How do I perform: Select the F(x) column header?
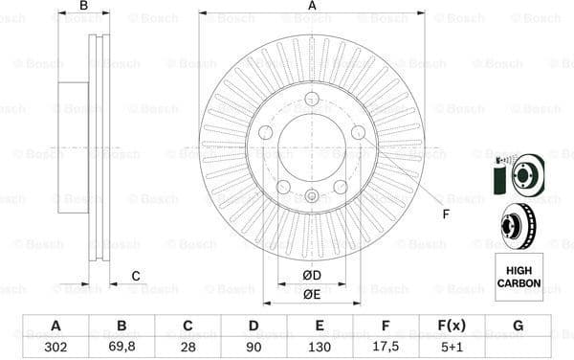[x=452, y=326]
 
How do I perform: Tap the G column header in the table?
[x=518, y=326]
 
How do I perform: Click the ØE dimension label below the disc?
[x=312, y=295]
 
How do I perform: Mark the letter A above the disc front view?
[x=312, y=7]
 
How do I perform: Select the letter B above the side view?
[x=83, y=7]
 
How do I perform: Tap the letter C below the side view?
[x=136, y=277]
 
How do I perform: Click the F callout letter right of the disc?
[x=446, y=214]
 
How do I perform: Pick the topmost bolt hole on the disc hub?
[x=312, y=99]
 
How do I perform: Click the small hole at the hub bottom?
[x=312, y=198]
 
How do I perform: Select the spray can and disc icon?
[x=518, y=175]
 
